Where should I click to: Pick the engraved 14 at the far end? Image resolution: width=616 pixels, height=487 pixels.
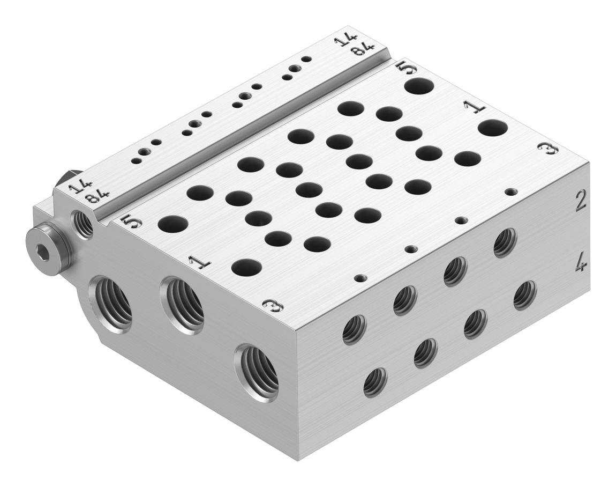click(345, 41)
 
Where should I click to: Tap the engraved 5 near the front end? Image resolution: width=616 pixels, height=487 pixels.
click(132, 222)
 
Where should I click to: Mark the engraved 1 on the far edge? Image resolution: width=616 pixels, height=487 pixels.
click(475, 106)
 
